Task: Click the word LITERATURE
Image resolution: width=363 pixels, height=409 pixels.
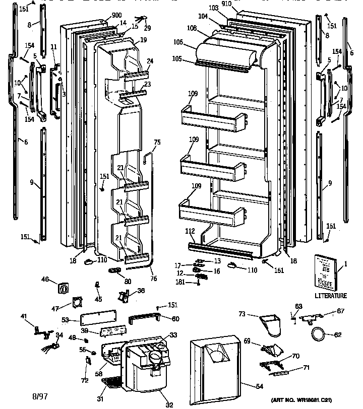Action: (x=331, y=296)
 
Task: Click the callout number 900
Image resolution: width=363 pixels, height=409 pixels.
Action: (x=103, y=15)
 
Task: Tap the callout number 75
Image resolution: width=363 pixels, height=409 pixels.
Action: (x=157, y=143)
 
